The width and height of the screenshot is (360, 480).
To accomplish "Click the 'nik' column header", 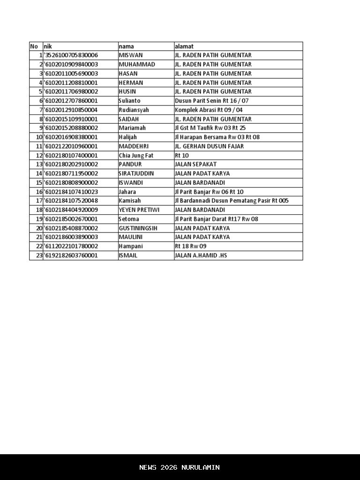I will click(x=47, y=46).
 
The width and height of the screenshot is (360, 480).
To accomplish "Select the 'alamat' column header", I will click(x=184, y=46).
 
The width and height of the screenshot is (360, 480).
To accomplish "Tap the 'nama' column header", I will click(x=126, y=46).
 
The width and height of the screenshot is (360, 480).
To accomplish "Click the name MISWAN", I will click(x=131, y=55).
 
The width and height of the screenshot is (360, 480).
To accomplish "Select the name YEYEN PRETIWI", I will click(x=139, y=210).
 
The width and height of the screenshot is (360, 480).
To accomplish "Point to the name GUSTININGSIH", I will click(x=138, y=228).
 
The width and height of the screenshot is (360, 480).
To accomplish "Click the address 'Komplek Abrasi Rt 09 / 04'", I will click(x=209, y=110).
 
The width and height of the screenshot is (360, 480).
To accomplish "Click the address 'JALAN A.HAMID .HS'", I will click(x=201, y=255).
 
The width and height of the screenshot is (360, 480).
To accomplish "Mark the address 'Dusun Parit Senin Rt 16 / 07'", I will click(x=211, y=101).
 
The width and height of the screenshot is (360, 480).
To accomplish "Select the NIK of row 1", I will click(x=71, y=55).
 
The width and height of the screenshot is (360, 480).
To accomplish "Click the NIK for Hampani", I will click(x=71, y=246).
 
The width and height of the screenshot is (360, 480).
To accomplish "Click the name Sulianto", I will click(x=129, y=101).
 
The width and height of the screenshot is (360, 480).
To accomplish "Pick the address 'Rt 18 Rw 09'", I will click(x=190, y=246).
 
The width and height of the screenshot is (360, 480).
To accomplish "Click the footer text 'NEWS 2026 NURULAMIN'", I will click(x=180, y=467).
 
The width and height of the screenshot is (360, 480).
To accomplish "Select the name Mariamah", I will click(x=132, y=128).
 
